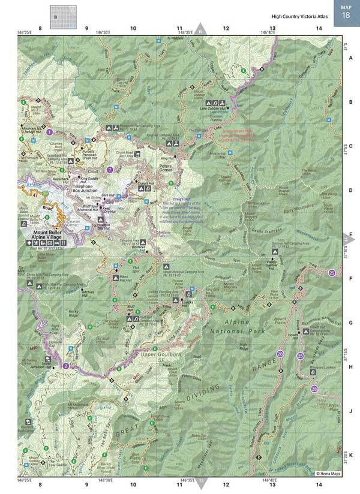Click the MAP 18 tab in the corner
346,10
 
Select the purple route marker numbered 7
109,170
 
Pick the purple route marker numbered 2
66,366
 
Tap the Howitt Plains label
299,311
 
